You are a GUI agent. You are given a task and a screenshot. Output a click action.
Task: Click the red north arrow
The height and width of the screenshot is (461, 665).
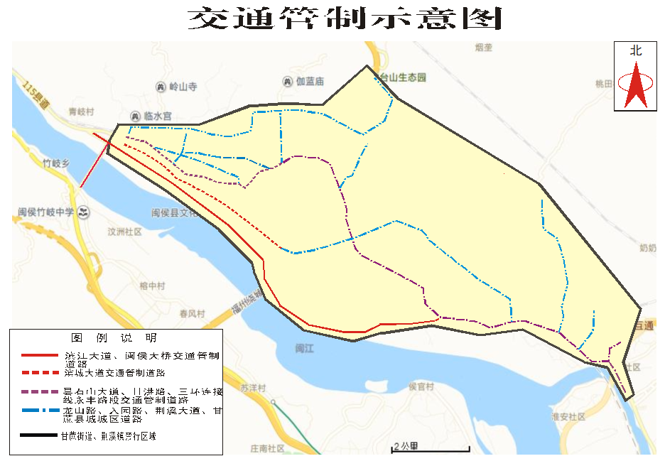coord(635,85)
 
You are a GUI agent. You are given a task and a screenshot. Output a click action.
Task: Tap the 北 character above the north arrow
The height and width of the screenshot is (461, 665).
coord(635,51)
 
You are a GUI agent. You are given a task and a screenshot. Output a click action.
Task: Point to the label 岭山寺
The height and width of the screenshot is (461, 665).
coord(182,87)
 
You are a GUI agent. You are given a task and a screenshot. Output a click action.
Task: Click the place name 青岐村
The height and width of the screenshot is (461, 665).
coord(81,112)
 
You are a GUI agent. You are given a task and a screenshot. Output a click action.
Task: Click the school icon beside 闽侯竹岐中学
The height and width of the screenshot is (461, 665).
coord(84,212)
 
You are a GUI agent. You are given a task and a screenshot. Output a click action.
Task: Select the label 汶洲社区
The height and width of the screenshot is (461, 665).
coord(124,232)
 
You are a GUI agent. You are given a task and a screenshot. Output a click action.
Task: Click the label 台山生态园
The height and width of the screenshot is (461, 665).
coord(403,77)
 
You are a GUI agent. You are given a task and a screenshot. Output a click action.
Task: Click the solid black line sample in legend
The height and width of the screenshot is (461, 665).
coord(38,435)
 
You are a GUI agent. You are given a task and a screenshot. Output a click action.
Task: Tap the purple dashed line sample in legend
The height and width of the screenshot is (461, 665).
coord(38,393)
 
